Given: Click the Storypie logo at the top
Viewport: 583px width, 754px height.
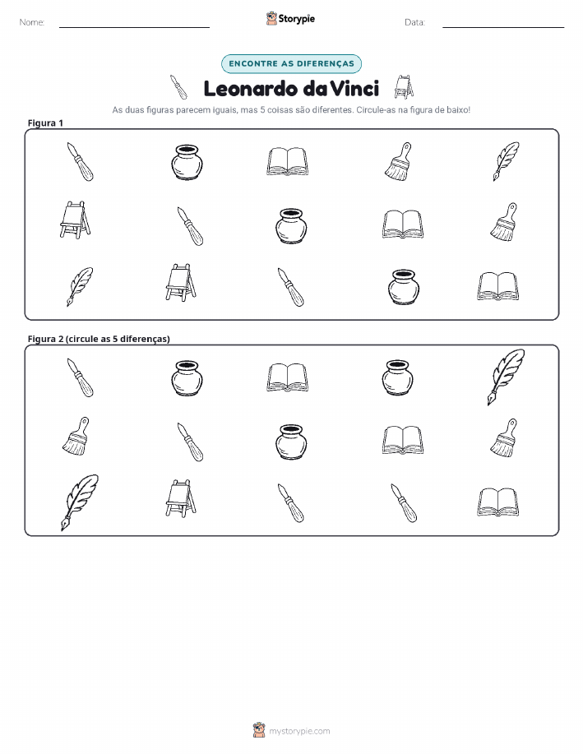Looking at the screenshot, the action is click(290, 19).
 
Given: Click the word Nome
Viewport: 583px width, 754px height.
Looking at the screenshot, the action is click(31, 22).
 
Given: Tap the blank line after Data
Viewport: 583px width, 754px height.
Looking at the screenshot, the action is click(503, 27).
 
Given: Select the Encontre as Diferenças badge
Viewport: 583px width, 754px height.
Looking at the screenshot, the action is click(291, 63).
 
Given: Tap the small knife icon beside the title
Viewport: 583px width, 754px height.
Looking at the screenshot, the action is click(178, 87).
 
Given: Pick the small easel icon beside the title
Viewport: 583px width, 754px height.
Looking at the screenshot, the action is click(404, 86).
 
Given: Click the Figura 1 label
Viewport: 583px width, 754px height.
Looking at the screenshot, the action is click(45, 123).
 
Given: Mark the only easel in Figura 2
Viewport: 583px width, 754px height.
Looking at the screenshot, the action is click(181, 498).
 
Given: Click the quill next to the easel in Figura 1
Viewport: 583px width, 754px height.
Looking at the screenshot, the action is click(80, 287).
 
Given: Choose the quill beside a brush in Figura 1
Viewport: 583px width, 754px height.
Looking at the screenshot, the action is click(506, 161).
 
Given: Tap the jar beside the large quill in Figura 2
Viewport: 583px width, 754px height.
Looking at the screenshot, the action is click(398, 377).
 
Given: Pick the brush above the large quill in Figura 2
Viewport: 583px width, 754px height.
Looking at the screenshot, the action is click(76, 436).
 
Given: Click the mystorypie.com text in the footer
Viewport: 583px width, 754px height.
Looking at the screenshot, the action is click(299, 732).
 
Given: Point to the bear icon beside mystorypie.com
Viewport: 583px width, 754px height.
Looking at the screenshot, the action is click(259, 730).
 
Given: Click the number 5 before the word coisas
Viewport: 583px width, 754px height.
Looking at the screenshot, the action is click(262, 109).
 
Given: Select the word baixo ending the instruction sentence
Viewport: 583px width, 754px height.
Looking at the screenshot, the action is click(458, 109).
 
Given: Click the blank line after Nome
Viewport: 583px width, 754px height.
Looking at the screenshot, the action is click(134, 27).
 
